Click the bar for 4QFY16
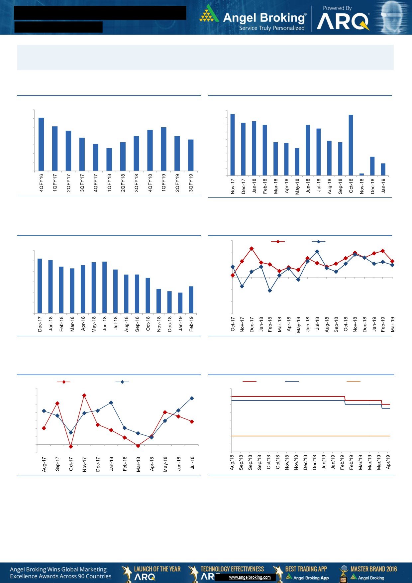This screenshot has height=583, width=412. (41, 144)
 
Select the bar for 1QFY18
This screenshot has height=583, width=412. (109, 160)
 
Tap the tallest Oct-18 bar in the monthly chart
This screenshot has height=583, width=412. (351, 145)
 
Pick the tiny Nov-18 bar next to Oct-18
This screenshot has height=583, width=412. (361, 174)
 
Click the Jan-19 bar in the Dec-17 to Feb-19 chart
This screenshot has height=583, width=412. (180, 303)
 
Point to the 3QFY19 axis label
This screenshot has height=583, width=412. (191, 183)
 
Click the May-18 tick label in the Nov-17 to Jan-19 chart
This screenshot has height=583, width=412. (297, 187)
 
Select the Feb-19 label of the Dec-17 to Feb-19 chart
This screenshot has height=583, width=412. (191, 324)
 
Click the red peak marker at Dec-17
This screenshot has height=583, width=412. (252, 248)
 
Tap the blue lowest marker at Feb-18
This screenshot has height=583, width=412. (270, 291)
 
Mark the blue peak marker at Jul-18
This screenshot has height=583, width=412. (317, 252)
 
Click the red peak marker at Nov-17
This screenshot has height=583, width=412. (84, 396)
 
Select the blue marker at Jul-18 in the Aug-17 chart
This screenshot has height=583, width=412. (192, 398)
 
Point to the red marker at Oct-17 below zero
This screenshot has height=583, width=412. (71, 446)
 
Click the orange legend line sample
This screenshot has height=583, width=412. (353, 381)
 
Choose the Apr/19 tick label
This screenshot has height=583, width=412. (388, 462)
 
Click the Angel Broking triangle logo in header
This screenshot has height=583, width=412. (209, 14)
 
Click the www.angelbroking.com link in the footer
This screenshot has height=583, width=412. (250, 577)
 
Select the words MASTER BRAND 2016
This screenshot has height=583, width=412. (373, 569)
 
